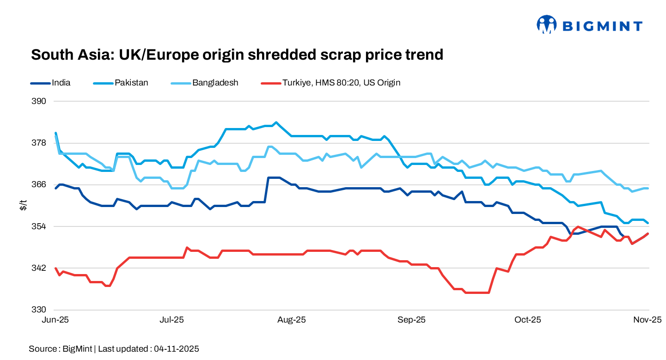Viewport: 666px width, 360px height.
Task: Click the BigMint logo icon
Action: (x=547, y=24)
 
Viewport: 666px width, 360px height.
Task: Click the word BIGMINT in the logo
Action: (x=602, y=26)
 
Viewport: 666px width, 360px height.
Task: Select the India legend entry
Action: (x=61, y=83)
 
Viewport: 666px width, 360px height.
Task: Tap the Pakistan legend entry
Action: (x=131, y=83)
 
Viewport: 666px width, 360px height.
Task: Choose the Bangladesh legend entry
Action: (x=215, y=83)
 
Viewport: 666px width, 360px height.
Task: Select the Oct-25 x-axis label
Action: (x=528, y=320)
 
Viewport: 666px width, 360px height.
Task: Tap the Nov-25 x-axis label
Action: (x=648, y=320)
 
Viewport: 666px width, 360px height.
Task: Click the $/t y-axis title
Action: (x=23, y=206)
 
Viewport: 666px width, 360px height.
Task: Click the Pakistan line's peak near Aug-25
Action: (x=276, y=122)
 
